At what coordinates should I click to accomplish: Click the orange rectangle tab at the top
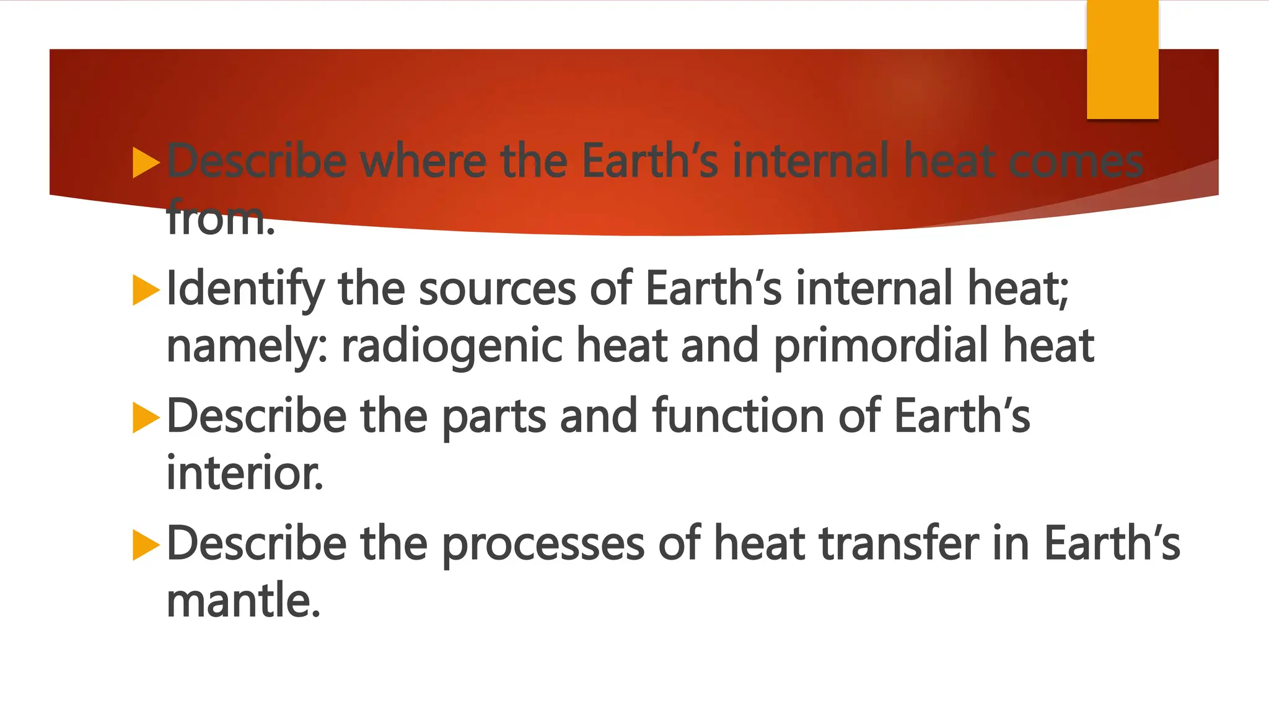(x=1122, y=59)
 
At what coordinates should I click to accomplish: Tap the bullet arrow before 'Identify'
(x=146, y=290)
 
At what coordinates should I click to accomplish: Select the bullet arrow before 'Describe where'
(x=146, y=162)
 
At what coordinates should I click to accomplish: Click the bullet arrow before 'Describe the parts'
(x=146, y=418)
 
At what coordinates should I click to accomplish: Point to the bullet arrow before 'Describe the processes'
(x=146, y=545)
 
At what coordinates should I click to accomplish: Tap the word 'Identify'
(x=245, y=289)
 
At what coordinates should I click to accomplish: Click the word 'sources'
(x=498, y=289)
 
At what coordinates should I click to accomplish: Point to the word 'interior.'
(x=245, y=473)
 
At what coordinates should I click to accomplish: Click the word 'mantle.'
(x=244, y=601)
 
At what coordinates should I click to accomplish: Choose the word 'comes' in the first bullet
(x=1076, y=161)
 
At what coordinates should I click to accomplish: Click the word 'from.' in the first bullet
(x=221, y=218)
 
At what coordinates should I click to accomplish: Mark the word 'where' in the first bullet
(x=424, y=161)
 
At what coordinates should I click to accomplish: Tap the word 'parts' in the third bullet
(x=494, y=416)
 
